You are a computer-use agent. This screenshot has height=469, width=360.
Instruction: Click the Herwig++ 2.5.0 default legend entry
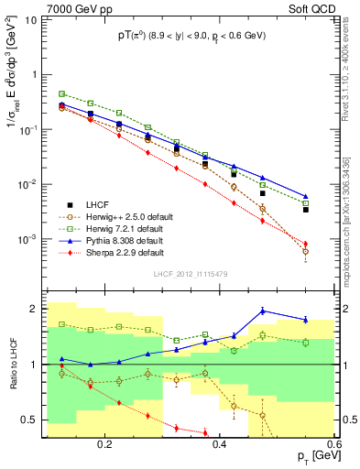128,215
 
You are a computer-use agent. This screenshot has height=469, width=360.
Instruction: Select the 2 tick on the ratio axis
37,309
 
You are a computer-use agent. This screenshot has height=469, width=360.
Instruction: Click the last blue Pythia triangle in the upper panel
306,196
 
